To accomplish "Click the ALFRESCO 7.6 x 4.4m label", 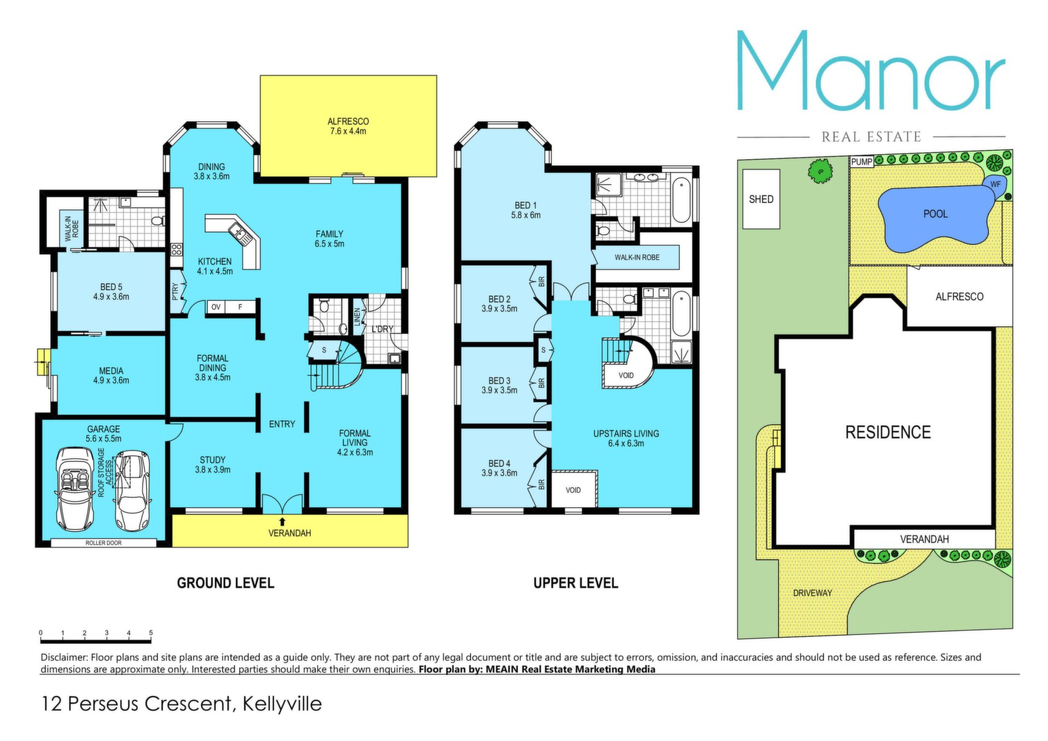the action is [348, 126].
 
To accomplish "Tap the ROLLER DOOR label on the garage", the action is [104, 543].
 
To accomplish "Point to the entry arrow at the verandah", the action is [282, 522].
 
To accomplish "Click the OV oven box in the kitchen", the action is [216, 307].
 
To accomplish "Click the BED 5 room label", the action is [111, 292].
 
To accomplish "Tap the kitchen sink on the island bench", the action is [240, 233].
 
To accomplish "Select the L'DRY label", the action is [382, 329].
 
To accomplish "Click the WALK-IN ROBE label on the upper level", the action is [637, 257].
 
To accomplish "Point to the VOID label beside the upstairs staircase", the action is [626, 375].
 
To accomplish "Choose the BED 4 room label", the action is [499, 468].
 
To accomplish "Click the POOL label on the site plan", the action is [935, 214].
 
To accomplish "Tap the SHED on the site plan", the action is [761, 199].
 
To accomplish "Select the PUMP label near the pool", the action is [862, 162].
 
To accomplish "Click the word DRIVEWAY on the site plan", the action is [812, 592].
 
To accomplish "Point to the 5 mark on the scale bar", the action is [151, 633].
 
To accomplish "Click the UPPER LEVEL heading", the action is [576, 583].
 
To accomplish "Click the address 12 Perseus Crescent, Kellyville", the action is [182, 703].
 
